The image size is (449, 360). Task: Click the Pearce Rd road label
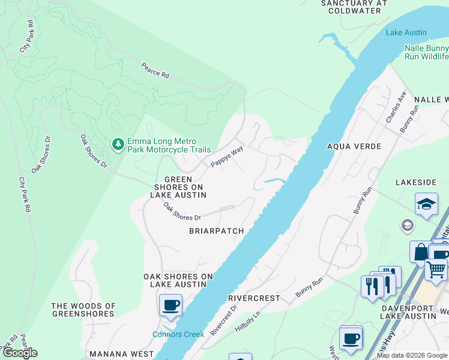(155, 70)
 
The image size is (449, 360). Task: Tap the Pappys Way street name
(226, 157)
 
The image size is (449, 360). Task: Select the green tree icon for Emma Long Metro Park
(118, 144)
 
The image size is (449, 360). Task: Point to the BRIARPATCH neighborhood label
(217, 231)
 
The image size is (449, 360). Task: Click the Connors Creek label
(178, 334)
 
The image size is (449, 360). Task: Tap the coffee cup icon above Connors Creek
(170, 305)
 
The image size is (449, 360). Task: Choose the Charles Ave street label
(396, 107)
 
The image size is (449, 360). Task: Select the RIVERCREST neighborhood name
(255, 298)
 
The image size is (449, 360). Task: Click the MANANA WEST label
(118, 355)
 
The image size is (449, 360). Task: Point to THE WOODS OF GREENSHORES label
(83, 310)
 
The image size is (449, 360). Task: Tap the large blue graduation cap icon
(426, 204)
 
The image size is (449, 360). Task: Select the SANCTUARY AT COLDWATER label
(351, 7)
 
